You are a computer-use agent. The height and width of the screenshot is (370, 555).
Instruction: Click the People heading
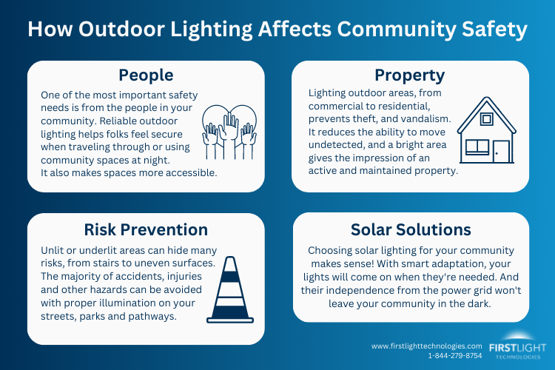(x=146, y=75)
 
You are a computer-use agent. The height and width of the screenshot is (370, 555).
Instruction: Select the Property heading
(x=409, y=75)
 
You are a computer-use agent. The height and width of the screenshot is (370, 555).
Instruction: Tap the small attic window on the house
(x=486, y=118)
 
